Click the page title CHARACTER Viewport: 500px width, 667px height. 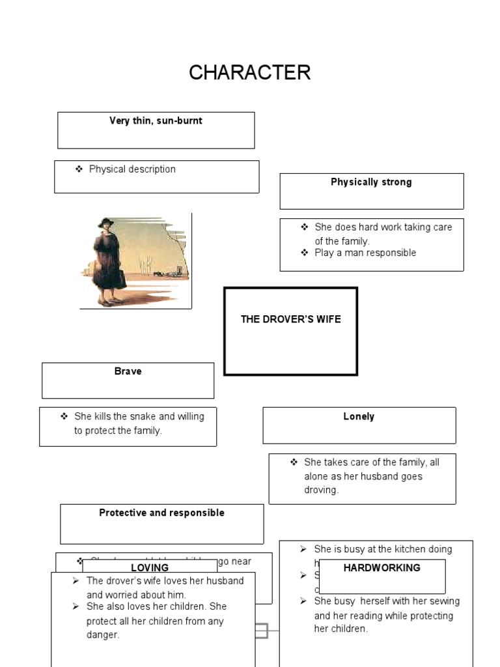[x=249, y=72]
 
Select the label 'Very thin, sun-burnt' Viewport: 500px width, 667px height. [x=156, y=121]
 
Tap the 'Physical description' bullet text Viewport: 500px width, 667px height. [x=132, y=169]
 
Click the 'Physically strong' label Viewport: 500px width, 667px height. [x=371, y=182]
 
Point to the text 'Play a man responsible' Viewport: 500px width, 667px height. [x=365, y=253]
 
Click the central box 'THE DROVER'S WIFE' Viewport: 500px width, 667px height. [x=290, y=319]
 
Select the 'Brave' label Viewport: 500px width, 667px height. [x=128, y=371]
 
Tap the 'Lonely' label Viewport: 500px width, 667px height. [x=359, y=417]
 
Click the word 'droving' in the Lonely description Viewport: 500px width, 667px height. [x=322, y=490]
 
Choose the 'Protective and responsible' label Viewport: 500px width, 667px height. [x=161, y=513]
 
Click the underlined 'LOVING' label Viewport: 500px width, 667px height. [x=150, y=568]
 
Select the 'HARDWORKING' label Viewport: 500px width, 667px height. [x=382, y=568]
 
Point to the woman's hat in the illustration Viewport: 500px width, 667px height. [x=105, y=223]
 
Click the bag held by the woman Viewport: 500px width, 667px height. [x=119, y=278]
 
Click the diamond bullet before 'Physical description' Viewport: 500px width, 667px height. [x=79, y=169]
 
